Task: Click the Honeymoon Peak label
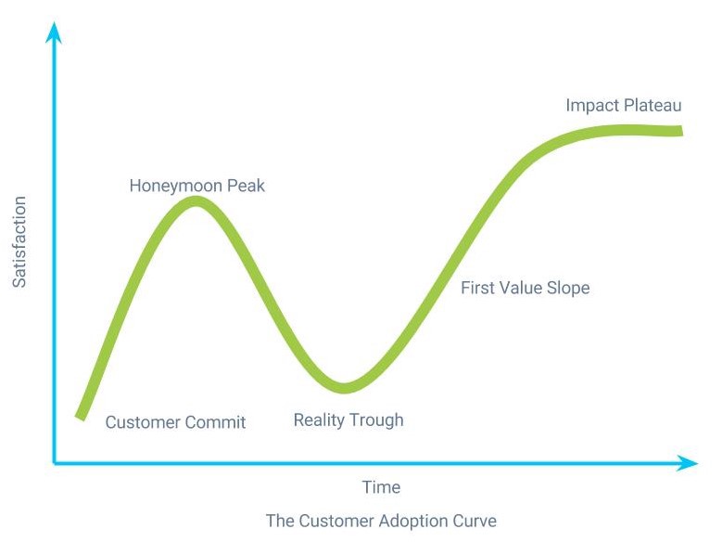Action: [197, 186]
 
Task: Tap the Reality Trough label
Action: [348, 420]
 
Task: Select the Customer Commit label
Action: [175, 422]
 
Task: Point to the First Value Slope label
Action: [526, 288]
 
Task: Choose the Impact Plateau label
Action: [624, 105]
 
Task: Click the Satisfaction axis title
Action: [19, 242]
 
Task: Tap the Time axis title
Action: [381, 487]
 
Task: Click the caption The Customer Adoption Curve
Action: [381, 521]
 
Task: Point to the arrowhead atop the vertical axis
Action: [54, 32]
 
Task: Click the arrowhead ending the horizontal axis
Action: [688, 463]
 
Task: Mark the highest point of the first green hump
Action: [196, 201]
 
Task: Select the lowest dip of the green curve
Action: [345, 388]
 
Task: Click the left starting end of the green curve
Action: [81, 417]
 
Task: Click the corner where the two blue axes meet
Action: [54, 463]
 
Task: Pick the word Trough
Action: [377, 420]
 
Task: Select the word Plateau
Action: [652, 105]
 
